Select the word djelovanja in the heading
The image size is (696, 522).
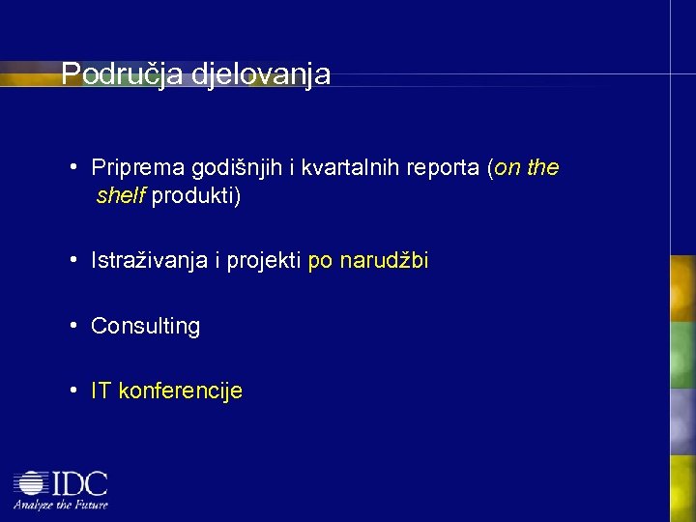click(x=261, y=74)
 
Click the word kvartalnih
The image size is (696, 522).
click(x=351, y=167)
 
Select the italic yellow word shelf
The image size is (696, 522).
click(x=121, y=196)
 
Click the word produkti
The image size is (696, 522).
click(x=196, y=197)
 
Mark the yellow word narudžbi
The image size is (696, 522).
click(x=384, y=261)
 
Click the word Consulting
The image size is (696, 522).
click(x=145, y=327)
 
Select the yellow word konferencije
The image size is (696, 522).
click(x=180, y=391)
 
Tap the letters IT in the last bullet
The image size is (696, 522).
click(x=101, y=391)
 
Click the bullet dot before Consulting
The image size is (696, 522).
click(x=73, y=326)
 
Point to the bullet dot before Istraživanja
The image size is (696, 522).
click(x=73, y=260)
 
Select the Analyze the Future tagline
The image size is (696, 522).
click(x=60, y=504)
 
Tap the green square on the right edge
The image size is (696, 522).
click(x=683, y=354)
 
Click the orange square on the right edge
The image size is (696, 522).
click(x=683, y=287)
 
